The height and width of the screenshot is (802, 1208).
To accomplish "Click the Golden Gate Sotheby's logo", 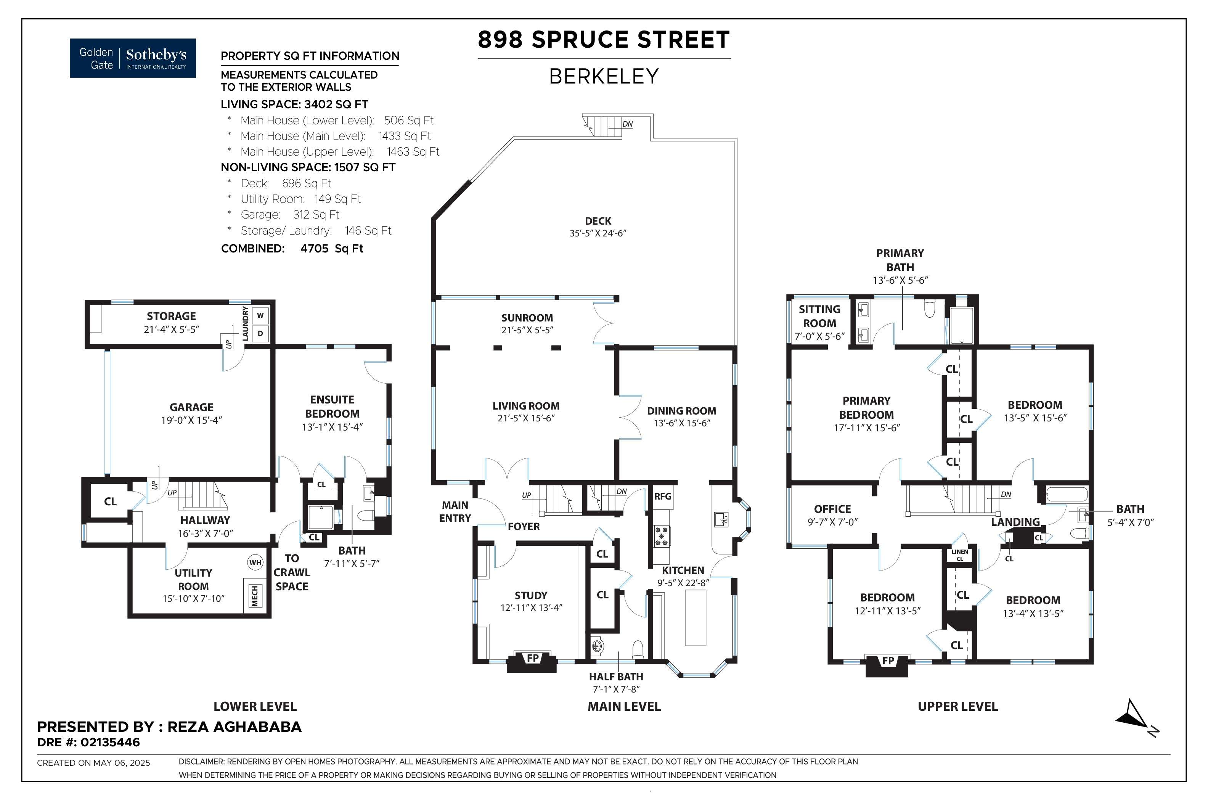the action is (x=132, y=58).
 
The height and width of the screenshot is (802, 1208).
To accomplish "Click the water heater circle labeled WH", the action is (x=255, y=563).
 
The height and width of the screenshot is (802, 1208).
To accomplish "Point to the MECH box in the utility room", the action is (x=255, y=596).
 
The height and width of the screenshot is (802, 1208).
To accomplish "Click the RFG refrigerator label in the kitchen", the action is (x=663, y=496).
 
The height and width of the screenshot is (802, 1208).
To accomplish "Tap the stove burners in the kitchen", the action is (x=662, y=537).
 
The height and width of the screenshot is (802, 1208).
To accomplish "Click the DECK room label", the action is (x=598, y=221).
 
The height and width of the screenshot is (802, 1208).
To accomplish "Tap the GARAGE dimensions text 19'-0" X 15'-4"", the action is (x=192, y=420).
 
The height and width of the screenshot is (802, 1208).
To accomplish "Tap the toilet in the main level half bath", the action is (x=638, y=649).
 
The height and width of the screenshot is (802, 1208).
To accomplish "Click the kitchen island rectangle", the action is (x=696, y=617).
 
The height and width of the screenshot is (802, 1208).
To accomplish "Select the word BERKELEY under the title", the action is (x=604, y=76).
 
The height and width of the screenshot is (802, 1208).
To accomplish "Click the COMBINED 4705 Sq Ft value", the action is (x=331, y=249).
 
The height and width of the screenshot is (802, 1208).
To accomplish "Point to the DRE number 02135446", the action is (x=110, y=742).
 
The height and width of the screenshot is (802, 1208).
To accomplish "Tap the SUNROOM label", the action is (x=527, y=318).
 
